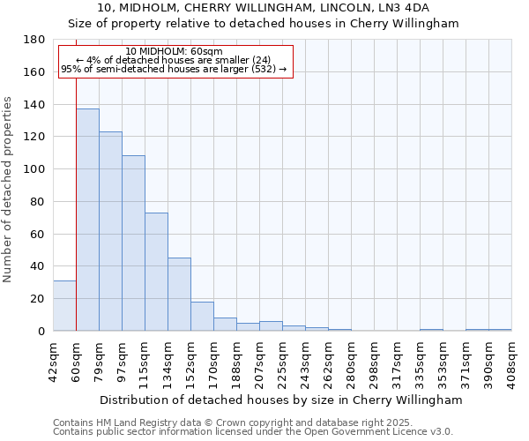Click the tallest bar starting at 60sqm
coord(87,220)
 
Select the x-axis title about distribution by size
coord(281,400)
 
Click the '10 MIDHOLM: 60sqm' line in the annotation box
coord(175,51)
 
